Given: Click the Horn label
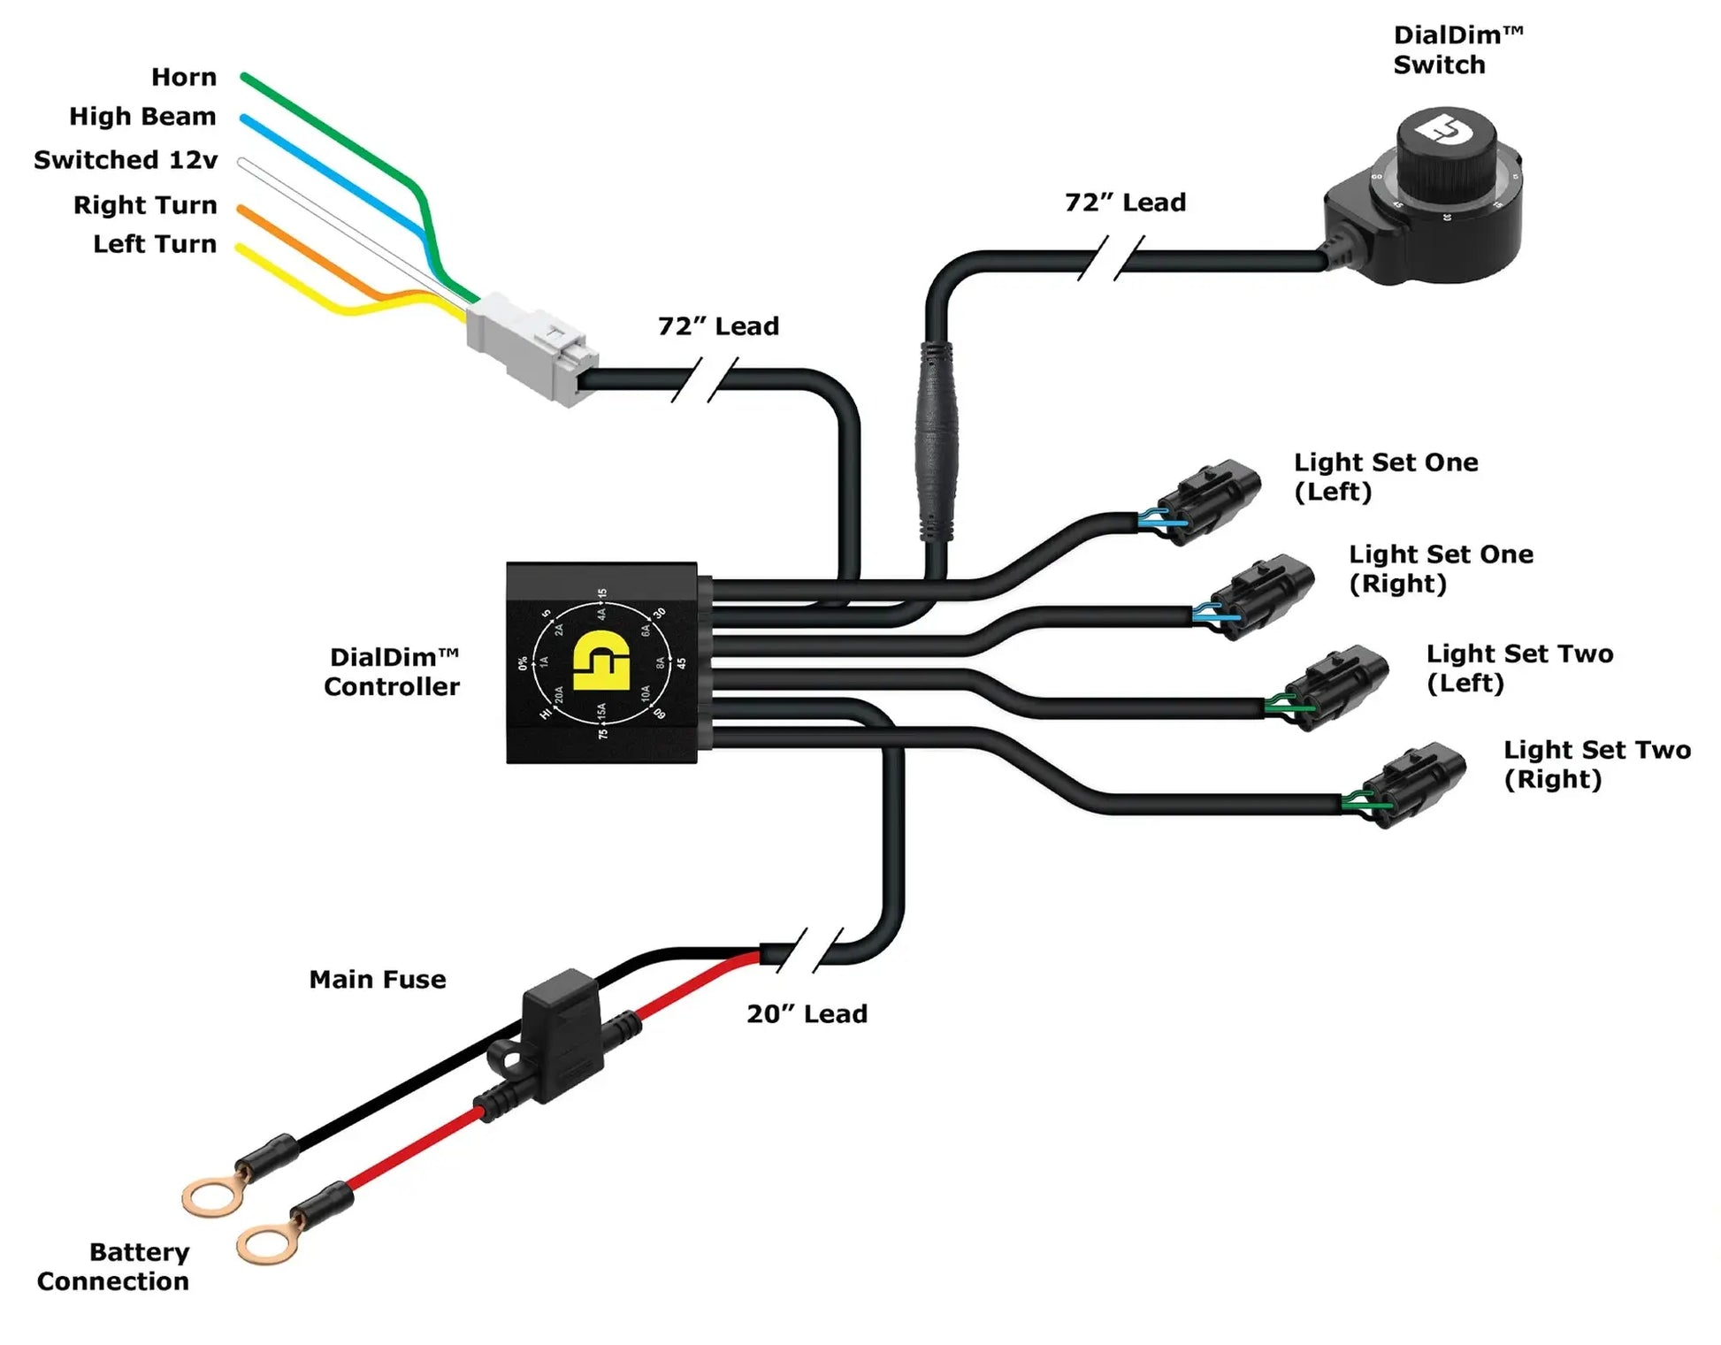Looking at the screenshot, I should pyautogui.click(x=183, y=77).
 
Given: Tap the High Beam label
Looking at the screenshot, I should pyautogui.click(x=142, y=117).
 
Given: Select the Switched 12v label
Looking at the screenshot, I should pyautogui.click(x=126, y=160).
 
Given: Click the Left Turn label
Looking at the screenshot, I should pyautogui.click(x=155, y=244).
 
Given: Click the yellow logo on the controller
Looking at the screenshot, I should pyautogui.click(x=600, y=661).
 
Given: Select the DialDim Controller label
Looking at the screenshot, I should pyautogui.click(x=392, y=672).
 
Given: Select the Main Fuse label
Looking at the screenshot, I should pyautogui.click(x=378, y=980).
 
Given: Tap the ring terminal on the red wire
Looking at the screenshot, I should pyautogui.click(x=265, y=1245).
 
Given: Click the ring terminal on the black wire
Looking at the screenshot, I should pyautogui.click(x=210, y=1197).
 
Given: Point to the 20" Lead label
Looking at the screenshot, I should pyautogui.click(x=807, y=1014).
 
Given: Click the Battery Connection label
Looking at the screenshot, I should pyautogui.click(x=113, y=1266).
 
